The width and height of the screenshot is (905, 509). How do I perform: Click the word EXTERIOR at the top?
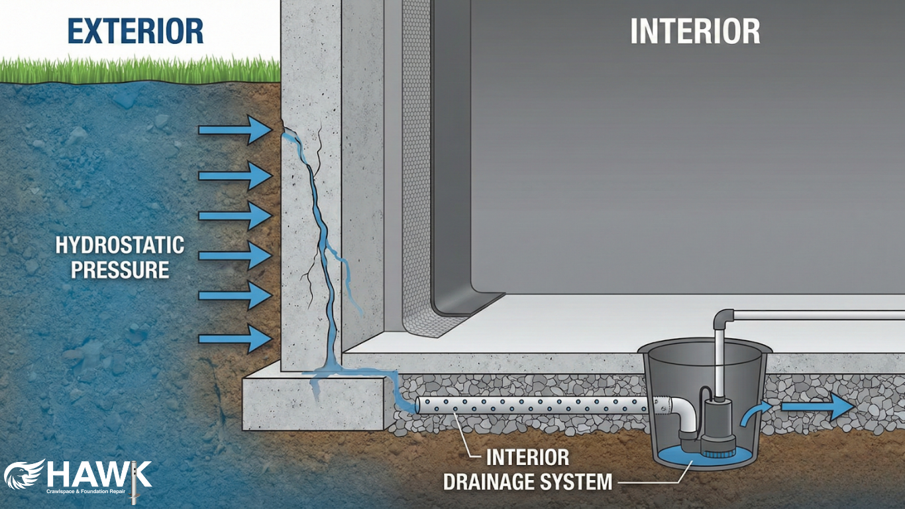134,30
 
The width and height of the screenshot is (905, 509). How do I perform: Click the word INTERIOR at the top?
695,32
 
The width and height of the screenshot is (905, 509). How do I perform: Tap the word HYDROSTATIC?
119,245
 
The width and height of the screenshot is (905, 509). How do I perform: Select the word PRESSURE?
119,270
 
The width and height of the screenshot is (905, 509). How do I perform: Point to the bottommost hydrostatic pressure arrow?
235,339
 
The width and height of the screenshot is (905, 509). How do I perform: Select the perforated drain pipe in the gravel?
530,406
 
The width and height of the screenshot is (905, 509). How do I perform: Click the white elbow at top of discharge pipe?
724,318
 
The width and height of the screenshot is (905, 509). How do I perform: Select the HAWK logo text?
99,475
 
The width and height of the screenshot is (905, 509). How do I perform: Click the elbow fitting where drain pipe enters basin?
679,418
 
